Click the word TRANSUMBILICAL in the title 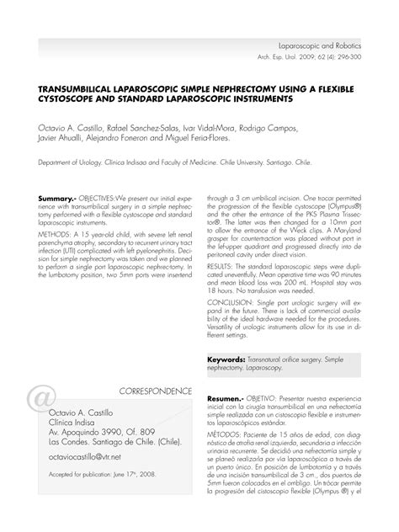tap(72, 88)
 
